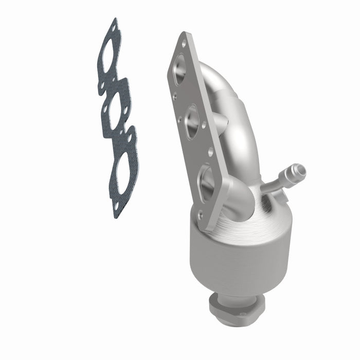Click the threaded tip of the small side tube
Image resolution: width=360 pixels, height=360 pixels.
pos(299,169)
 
